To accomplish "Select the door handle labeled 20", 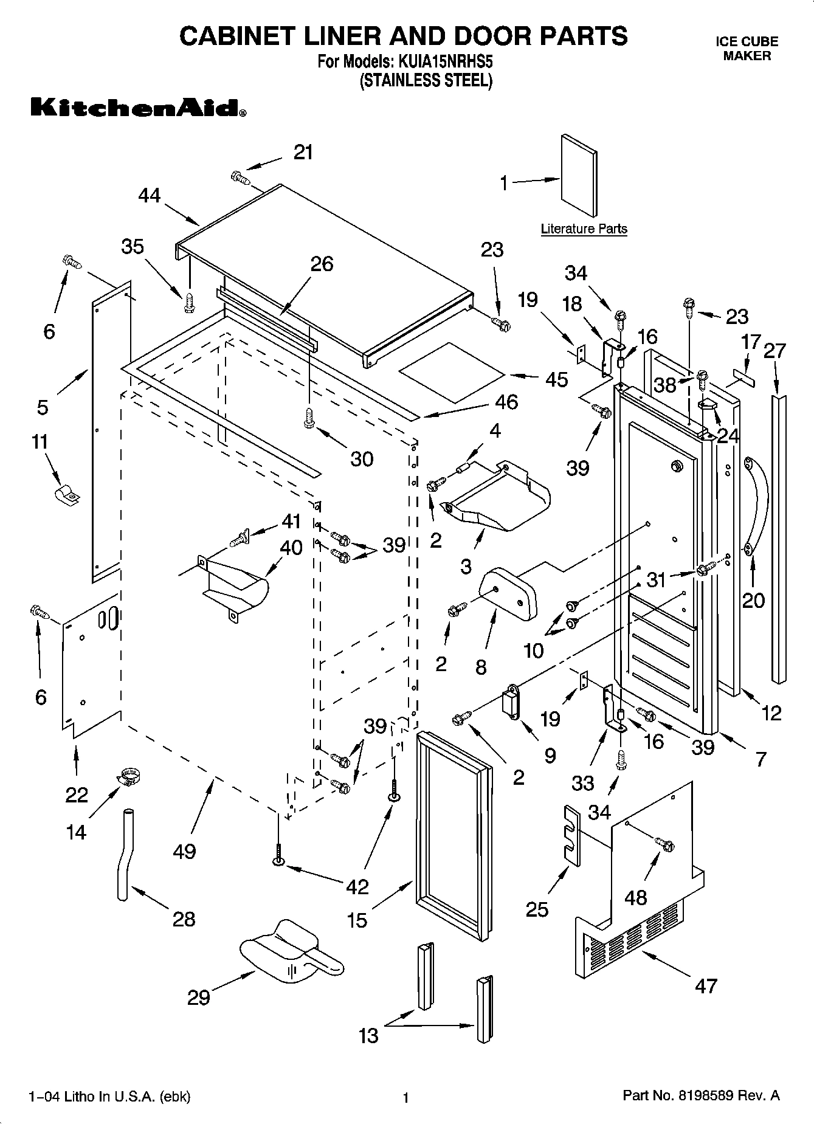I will click(757, 505).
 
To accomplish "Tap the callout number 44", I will click(149, 195).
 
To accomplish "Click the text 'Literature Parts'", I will click(584, 229).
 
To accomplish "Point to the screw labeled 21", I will click(240, 178).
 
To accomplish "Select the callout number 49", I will click(184, 851).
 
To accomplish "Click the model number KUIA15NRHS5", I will click(445, 61).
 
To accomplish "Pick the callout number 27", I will click(774, 351).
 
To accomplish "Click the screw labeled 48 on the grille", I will click(664, 844).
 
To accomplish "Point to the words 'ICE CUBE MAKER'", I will click(747, 49).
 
